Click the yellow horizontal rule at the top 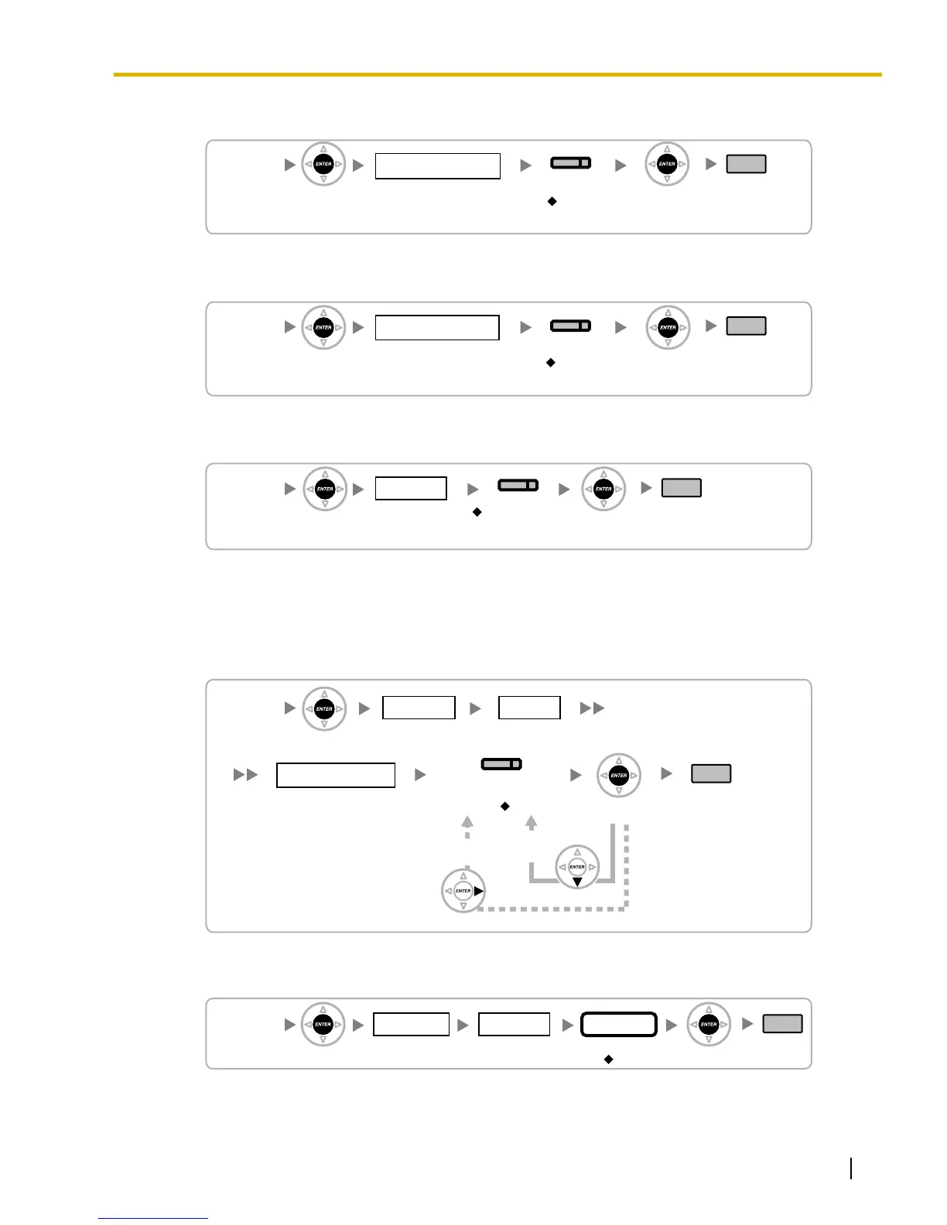[497, 75]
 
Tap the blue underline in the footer [153, 1218]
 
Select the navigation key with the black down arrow [577, 867]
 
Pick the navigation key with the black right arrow [463, 891]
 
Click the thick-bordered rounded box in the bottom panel [619, 1025]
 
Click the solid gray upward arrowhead [531, 823]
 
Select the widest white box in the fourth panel [336, 775]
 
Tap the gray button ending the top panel [746, 164]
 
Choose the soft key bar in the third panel [518, 486]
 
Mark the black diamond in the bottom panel [608, 1059]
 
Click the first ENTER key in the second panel [323, 327]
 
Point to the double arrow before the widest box [246, 774]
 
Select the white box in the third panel [411, 489]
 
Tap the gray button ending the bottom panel [782, 1024]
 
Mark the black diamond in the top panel [552, 201]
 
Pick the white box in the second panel [437, 328]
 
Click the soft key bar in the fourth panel [501, 764]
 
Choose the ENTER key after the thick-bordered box [709, 1025]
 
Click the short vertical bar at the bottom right [851, 1168]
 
